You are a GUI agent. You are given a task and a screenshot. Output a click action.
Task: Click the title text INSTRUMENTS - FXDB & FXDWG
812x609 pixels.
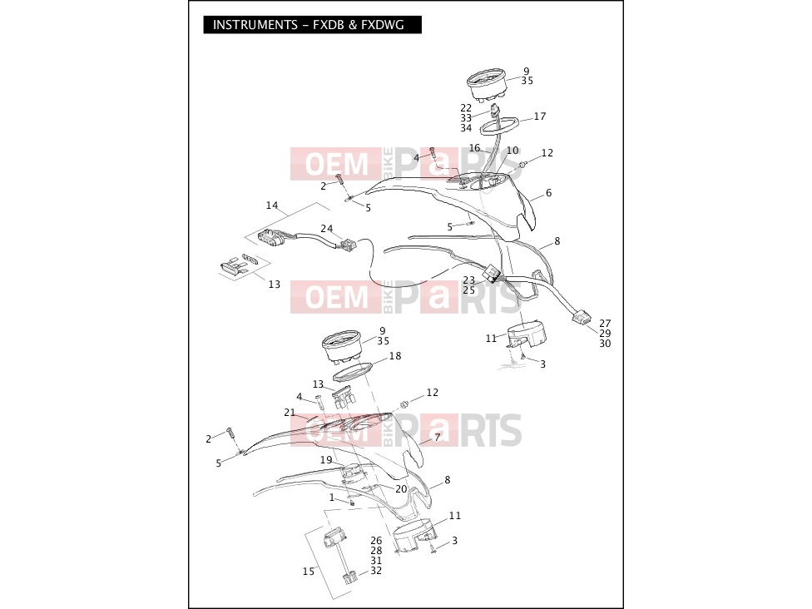pyautogui.click(x=308, y=25)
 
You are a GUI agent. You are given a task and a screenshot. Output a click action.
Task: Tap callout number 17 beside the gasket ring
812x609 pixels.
pyautogui.click(x=540, y=116)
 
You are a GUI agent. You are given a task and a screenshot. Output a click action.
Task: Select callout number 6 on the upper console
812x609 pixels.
pyautogui.click(x=548, y=193)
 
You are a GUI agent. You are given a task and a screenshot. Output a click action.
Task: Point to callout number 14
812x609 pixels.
pyautogui.click(x=272, y=205)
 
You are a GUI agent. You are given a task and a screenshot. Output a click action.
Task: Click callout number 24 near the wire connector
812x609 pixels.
pyautogui.click(x=327, y=228)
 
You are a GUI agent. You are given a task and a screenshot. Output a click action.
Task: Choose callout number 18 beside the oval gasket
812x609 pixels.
pyautogui.click(x=395, y=356)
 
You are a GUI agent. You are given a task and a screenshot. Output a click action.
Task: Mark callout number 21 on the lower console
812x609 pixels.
pyautogui.click(x=290, y=413)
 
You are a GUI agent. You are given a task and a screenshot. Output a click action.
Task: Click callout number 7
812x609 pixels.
pyautogui.click(x=437, y=438)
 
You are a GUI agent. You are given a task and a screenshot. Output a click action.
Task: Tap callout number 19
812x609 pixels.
pyautogui.click(x=326, y=460)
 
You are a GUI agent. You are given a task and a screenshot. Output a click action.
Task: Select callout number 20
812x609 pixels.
pyautogui.click(x=401, y=489)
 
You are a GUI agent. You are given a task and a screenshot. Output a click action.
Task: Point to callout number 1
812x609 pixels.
pyautogui.click(x=332, y=498)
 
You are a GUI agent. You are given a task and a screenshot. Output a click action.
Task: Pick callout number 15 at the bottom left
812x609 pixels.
pyautogui.click(x=309, y=572)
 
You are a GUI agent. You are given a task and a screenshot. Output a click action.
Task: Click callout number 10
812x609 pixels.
pyautogui.click(x=512, y=151)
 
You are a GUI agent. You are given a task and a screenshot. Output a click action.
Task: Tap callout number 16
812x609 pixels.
pyautogui.click(x=475, y=148)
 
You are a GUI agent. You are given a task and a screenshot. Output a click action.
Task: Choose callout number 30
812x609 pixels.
pyautogui.click(x=605, y=344)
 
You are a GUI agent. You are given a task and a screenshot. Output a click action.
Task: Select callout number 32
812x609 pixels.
pyautogui.click(x=377, y=571)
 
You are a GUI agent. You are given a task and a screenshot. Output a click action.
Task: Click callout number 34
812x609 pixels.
pyautogui.click(x=466, y=128)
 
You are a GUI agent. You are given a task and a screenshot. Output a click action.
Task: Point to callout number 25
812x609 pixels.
pyautogui.click(x=468, y=290)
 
